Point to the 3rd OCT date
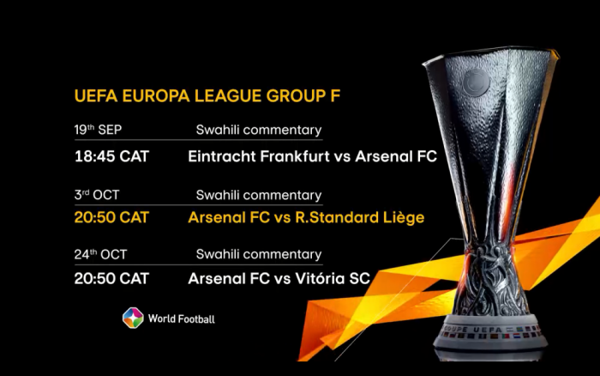[96, 195]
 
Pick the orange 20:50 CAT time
[111, 217]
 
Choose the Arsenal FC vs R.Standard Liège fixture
[305, 217]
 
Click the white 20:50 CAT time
[111, 278]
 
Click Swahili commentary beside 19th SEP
[258, 130]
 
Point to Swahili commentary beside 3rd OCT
[258, 195]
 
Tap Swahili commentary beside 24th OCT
[258, 254]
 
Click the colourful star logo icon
[132, 318]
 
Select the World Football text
[181, 319]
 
